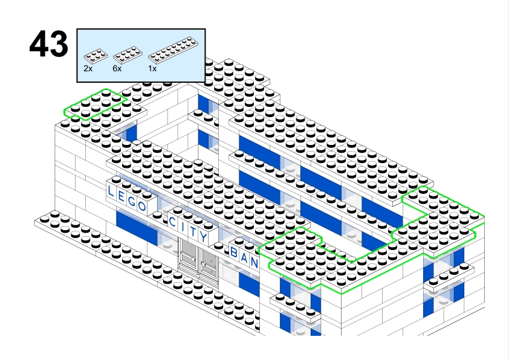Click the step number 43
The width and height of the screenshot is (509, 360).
48,45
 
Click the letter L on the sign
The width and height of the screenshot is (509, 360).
111,191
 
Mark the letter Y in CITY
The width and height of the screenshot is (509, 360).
204,237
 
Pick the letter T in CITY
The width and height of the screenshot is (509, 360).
193,232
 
